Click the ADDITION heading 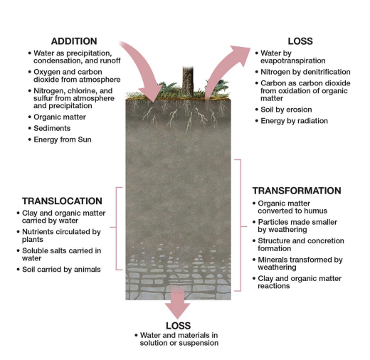coord(74,41)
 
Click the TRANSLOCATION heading coord(62,201)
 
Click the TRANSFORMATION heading coord(297,191)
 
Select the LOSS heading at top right coord(300,41)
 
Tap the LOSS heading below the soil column coord(178,324)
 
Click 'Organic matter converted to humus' coord(297,207)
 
